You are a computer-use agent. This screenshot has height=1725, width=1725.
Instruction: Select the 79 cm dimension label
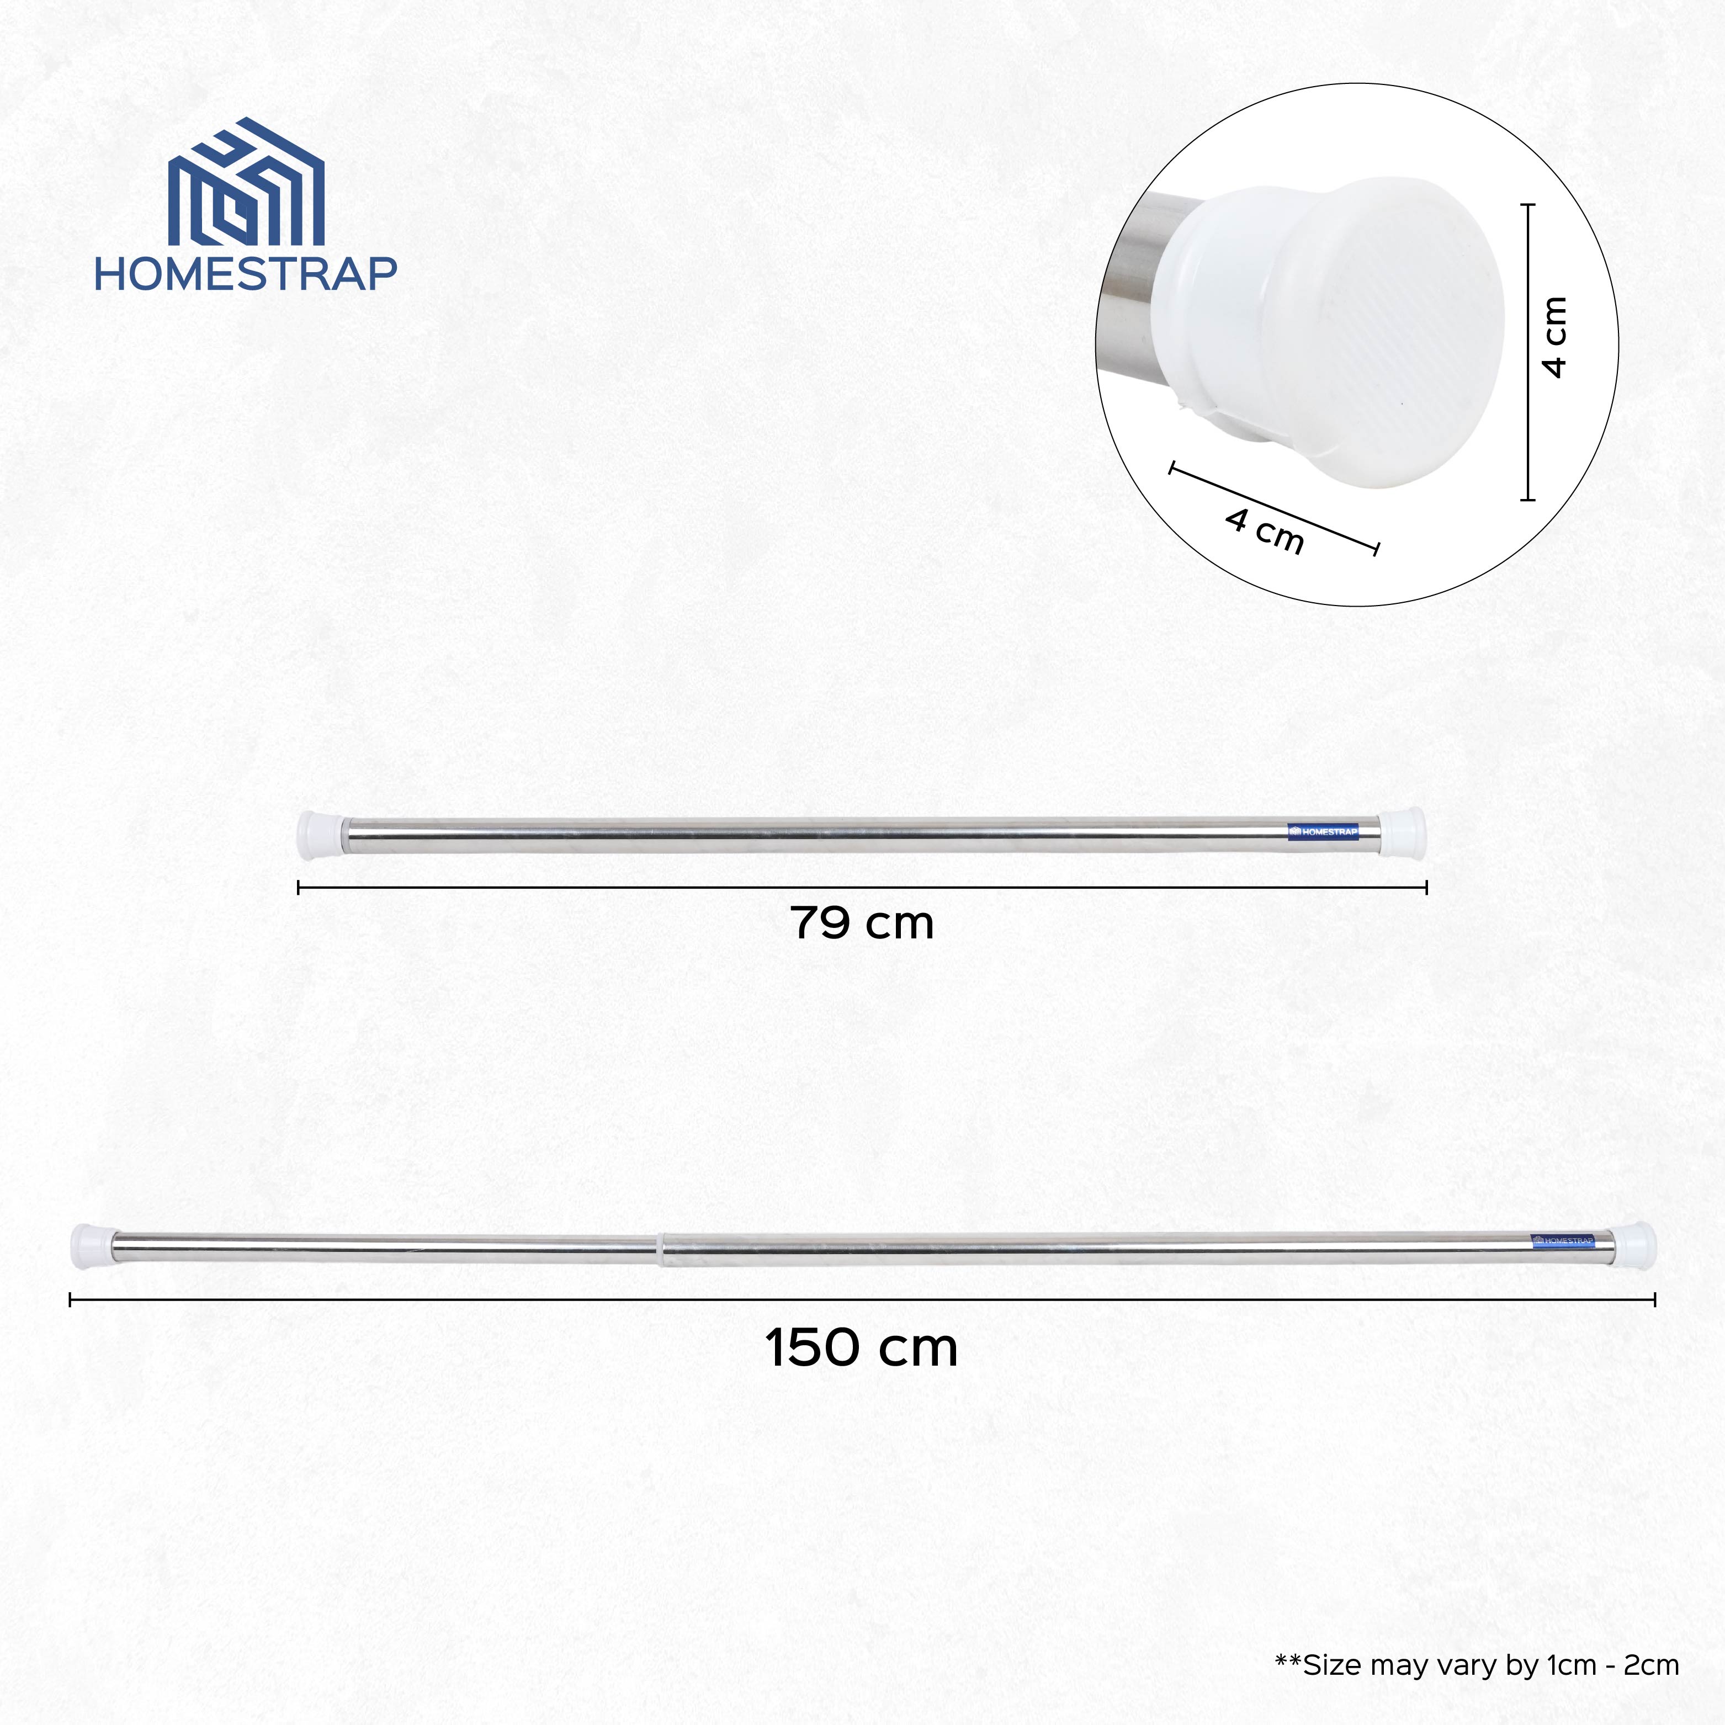point(862,923)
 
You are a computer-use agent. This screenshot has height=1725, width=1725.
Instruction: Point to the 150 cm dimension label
point(862,1347)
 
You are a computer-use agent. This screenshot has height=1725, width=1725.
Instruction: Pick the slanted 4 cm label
point(1264,531)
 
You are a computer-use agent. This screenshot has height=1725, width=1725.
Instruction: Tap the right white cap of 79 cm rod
point(1404,830)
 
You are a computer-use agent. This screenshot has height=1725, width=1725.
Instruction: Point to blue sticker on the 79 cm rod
point(1324,831)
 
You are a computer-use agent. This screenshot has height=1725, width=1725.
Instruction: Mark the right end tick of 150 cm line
point(1654,1300)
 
